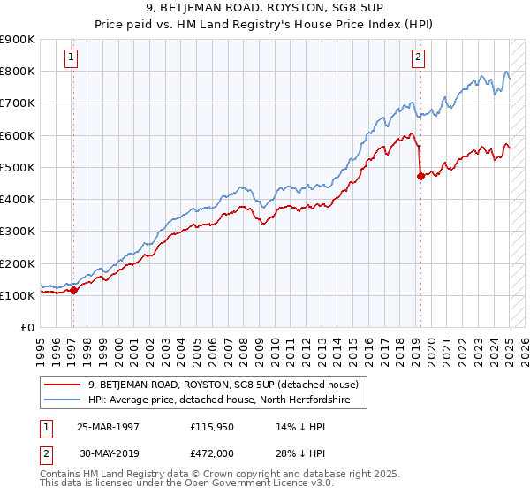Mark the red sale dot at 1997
click(74, 290)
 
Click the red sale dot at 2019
click(420, 176)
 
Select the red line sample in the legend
click(63, 385)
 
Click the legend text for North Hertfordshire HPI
click(219, 400)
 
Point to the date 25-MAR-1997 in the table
click(108, 427)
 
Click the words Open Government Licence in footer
click(239, 484)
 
